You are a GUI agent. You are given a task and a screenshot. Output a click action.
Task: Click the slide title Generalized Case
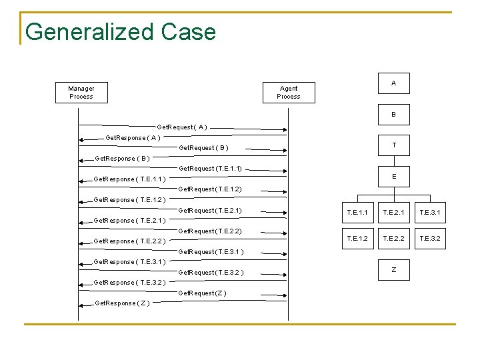(x=120, y=32)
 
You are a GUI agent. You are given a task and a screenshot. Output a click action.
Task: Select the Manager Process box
(x=81, y=93)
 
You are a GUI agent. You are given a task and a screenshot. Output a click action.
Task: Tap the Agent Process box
(x=289, y=93)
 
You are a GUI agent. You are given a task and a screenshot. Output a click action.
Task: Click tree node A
(x=393, y=83)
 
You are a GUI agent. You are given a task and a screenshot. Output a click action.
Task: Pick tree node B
(x=393, y=115)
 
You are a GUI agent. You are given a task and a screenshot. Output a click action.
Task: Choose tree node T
(x=393, y=145)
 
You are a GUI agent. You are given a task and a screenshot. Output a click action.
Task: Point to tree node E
(x=393, y=177)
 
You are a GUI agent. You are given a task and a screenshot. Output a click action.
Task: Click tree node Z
(x=393, y=269)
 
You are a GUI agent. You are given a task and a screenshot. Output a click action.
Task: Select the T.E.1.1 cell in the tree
(x=357, y=213)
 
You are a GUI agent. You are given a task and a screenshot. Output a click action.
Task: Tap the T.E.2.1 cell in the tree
(x=393, y=213)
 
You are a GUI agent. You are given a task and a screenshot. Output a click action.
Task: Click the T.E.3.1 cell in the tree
(x=429, y=213)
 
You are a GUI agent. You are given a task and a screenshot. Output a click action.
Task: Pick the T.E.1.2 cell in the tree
(x=357, y=238)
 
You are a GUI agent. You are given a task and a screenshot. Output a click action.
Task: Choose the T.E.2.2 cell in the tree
(x=393, y=238)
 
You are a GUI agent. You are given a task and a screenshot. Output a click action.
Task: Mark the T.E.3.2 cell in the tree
(x=429, y=238)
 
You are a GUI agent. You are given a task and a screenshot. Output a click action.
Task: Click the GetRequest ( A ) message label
(x=181, y=127)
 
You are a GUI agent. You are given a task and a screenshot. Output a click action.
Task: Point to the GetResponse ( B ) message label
(x=123, y=159)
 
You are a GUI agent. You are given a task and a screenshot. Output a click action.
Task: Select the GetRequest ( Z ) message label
(x=203, y=293)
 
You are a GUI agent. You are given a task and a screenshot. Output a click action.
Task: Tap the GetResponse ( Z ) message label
(x=123, y=303)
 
